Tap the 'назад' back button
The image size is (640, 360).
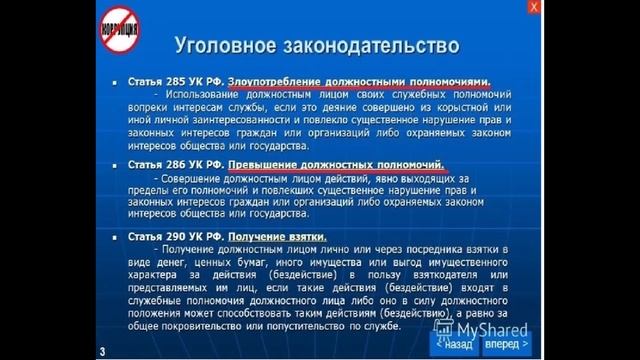click(452, 342)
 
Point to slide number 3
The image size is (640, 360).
click(102, 349)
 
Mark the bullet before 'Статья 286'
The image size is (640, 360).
click(118, 162)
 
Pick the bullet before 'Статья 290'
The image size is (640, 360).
click(118, 236)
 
